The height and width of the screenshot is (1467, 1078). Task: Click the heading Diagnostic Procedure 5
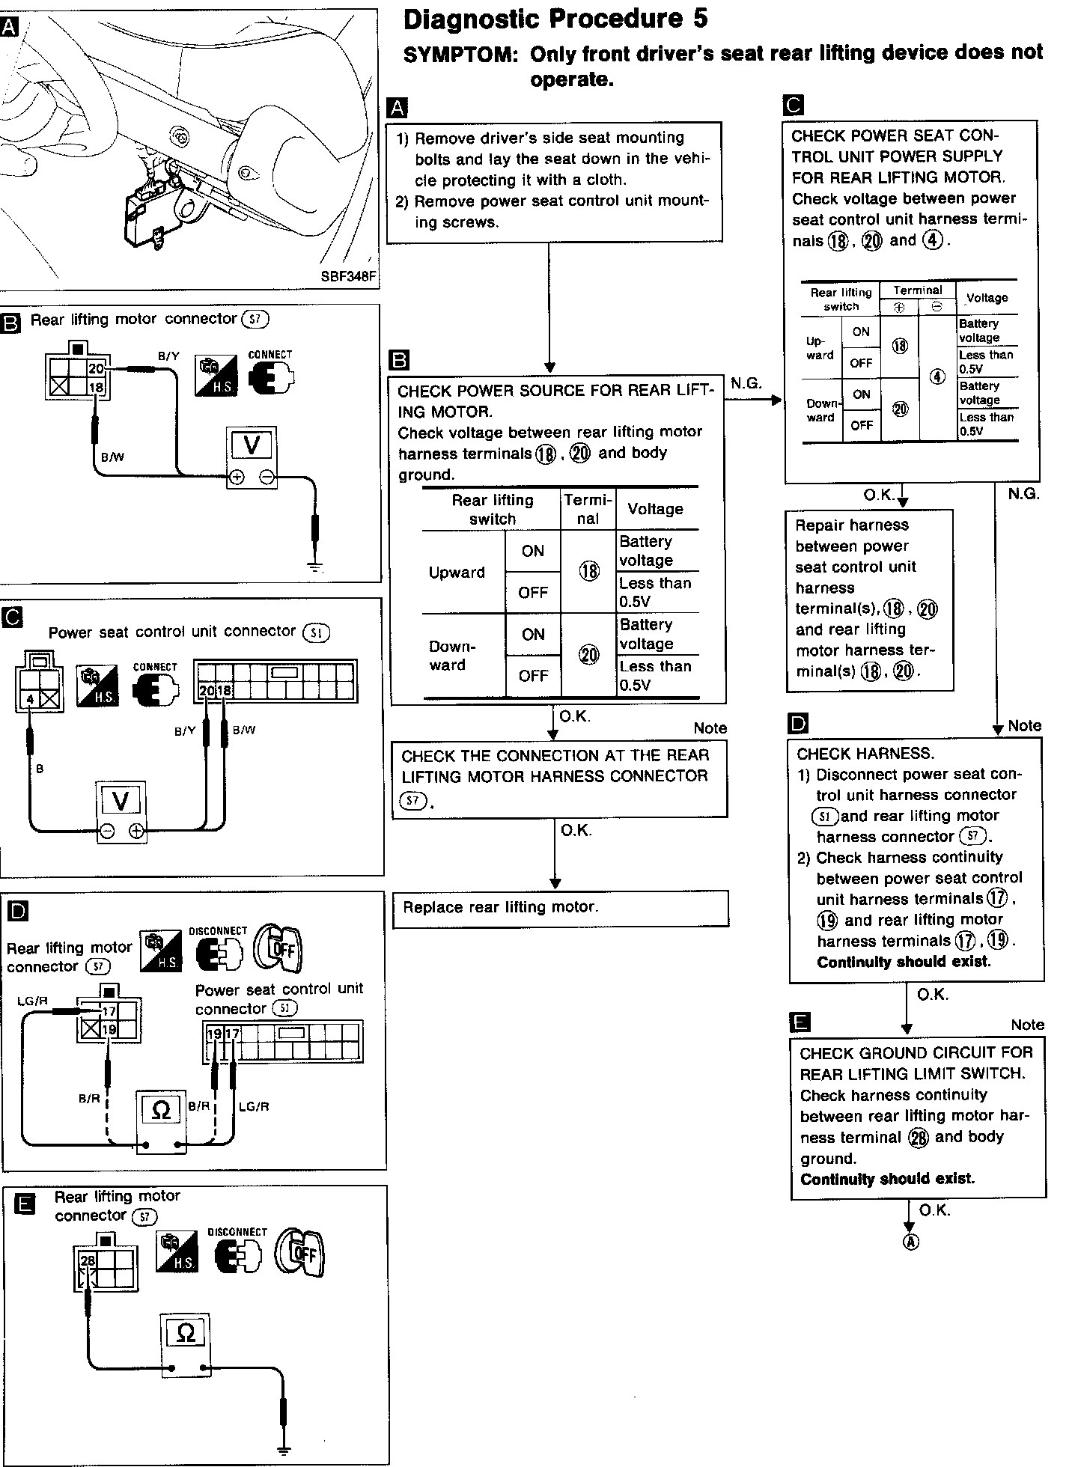point(555,19)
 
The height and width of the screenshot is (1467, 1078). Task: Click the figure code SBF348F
point(348,276)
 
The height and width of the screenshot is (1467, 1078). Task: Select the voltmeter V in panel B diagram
point(252,447)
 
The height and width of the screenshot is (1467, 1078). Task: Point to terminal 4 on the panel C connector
point(30,699)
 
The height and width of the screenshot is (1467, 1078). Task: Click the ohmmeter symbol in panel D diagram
point(161,1110)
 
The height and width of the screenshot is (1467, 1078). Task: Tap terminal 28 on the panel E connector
point(88,1261)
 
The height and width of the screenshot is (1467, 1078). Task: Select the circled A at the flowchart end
point(910,1242)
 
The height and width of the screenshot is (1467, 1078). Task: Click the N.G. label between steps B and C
point(746,383)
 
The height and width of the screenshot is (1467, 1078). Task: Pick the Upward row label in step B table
point(456,573)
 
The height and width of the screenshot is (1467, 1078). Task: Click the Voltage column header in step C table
point(987,298)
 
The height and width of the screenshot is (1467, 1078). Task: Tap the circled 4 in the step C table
point(937,377)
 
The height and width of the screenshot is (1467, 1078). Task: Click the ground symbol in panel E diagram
point(283,1449)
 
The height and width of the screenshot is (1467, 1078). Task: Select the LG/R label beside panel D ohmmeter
point(254,1106)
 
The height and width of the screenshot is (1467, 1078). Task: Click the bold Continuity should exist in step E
point(887,1179)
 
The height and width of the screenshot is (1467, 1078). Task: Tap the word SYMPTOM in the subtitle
point(457,54)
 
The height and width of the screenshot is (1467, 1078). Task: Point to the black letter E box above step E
point(800,1022)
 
